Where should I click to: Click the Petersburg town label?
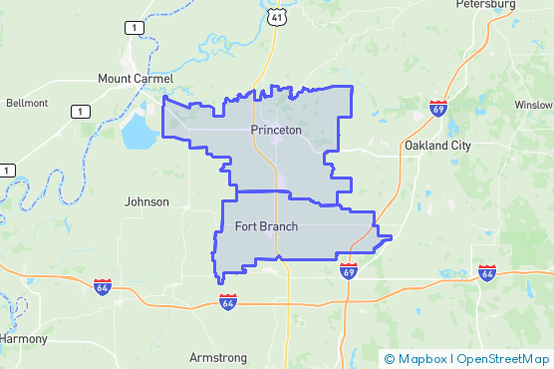pyautogui.click(x=486, y=4)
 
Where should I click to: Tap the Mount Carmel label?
pyautogui.click(x=136, y=78)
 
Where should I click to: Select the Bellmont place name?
pyautogui.click(x=27, y=103)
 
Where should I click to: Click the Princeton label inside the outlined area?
pyautogui.click(x=276, y=130)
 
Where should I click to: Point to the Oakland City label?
pyautogui.click(x=438, y=146)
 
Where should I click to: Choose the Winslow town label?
pyautogui.click(x=534, y=105)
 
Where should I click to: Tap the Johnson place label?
pyautogui.click(x=146, y=201)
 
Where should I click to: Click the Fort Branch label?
pyautogui.click(x=266, y=226)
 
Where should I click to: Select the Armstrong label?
pyautogui.click(x=219, y=356)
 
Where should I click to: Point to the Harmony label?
pyautogui.click(x=22, y=339)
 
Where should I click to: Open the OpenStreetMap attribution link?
pyautogui.click(x=502, y=358)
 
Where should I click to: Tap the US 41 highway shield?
pyautogui.click(x=275, y=17)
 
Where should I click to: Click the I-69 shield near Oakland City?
pyautogui.click(x=438, y=107)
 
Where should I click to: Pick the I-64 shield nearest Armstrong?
pyautogui.click(x=228, y=300)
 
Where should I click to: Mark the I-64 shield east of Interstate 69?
pyautogui.click(x=486, y=271)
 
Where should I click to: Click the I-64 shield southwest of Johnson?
pyautogui.click(x=103, y=286)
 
